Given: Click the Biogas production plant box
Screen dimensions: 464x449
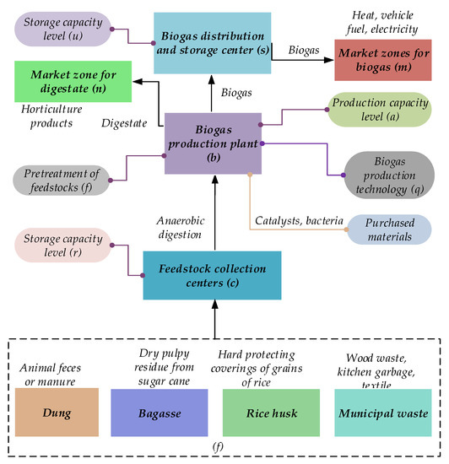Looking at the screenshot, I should click(214, 143).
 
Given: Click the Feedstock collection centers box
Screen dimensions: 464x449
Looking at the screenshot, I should click(211, 275).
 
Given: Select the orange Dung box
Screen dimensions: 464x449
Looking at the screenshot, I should click(57, 413).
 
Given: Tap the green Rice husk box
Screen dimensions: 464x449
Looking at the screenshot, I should click(269, 413).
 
